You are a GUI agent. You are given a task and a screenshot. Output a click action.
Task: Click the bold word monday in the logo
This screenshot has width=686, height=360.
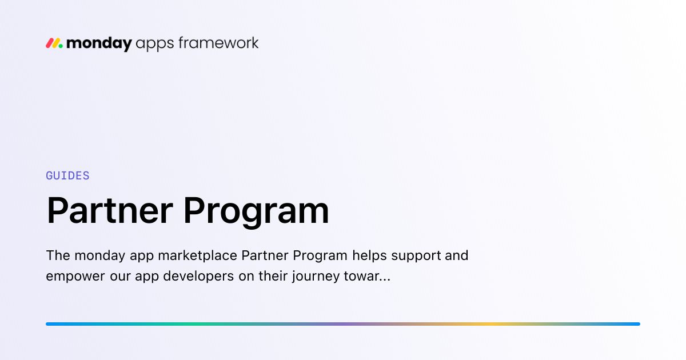click(x=99, y=44)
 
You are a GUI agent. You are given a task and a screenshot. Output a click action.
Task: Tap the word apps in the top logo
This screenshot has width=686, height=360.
click(x=155, y=45)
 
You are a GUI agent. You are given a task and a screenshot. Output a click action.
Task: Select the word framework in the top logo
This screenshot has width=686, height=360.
click(x=218, y=43)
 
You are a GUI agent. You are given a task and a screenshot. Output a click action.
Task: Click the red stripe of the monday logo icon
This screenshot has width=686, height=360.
click(x=50, y=43)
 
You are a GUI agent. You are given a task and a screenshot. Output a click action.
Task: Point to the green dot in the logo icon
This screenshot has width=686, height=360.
click(x=61, y=46)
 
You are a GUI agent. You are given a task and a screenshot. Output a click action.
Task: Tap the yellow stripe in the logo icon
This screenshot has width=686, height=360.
click(x=56, y=43)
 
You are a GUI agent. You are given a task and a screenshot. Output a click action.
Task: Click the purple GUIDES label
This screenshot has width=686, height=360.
click(x=67, y=176)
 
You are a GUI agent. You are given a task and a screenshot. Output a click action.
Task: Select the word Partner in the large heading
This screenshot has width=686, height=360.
click(x=110, y=211)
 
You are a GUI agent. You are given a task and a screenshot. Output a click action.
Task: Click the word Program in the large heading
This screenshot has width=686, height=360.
click(x=256, y=212)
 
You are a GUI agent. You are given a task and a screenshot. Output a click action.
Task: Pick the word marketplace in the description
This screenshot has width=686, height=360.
click(x=197, y=256)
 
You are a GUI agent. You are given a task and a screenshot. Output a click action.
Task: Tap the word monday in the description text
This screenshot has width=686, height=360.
click(x=100, y=256)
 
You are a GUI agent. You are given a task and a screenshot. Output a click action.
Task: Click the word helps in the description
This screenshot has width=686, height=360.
click(x=370, y=256)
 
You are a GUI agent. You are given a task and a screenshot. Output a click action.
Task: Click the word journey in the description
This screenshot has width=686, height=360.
click(x=316, y=277)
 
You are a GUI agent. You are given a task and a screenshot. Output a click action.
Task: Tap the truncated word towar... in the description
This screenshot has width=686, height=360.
click(x=367, y=277)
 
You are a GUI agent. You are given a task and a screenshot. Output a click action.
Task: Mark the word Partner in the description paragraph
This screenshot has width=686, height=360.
click(x=265, y=255)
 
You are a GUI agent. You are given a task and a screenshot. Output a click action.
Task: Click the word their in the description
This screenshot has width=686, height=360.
click(x=273, y=276)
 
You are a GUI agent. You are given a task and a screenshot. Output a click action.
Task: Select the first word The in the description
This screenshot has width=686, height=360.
click(x=58, y=255)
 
